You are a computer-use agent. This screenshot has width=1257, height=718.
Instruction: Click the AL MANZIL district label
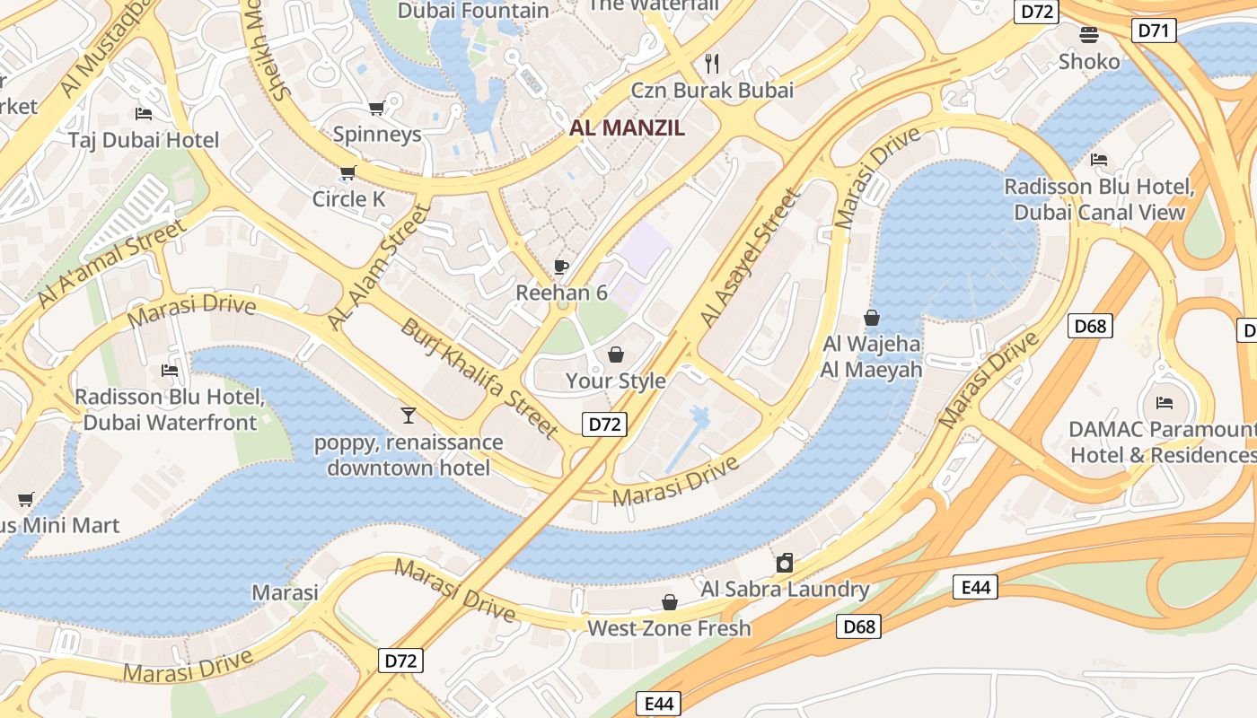[627, 127]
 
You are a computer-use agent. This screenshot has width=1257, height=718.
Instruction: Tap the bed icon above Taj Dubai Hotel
[144, 113]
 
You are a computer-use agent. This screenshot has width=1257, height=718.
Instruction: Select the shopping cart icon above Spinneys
[377, 108]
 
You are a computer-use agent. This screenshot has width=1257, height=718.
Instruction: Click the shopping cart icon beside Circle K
[347, 172]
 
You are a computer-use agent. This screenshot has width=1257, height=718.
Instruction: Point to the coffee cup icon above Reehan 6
[561, 266]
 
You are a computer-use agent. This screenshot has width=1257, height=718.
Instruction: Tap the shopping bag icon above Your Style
[616, 355]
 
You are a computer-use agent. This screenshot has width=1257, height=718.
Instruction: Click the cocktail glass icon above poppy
[409, 415]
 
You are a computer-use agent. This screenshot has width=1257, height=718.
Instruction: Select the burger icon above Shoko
[1089, 35]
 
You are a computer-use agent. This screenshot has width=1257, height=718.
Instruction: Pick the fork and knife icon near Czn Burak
[713, 63]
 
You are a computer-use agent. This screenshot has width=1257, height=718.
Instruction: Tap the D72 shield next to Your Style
[603, 425]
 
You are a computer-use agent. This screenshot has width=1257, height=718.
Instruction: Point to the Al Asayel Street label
[750, 258]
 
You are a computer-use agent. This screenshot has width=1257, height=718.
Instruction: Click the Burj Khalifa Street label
[479, 378]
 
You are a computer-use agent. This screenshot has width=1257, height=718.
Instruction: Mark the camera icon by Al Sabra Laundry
[785, 563]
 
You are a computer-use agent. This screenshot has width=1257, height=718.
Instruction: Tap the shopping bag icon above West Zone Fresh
[669, 601]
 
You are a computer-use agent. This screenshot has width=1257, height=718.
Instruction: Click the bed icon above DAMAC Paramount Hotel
[1165, 402]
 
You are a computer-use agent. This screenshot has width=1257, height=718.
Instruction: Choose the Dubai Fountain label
[473, 11]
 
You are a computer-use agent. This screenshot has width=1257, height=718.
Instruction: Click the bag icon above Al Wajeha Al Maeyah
[871, 318]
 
